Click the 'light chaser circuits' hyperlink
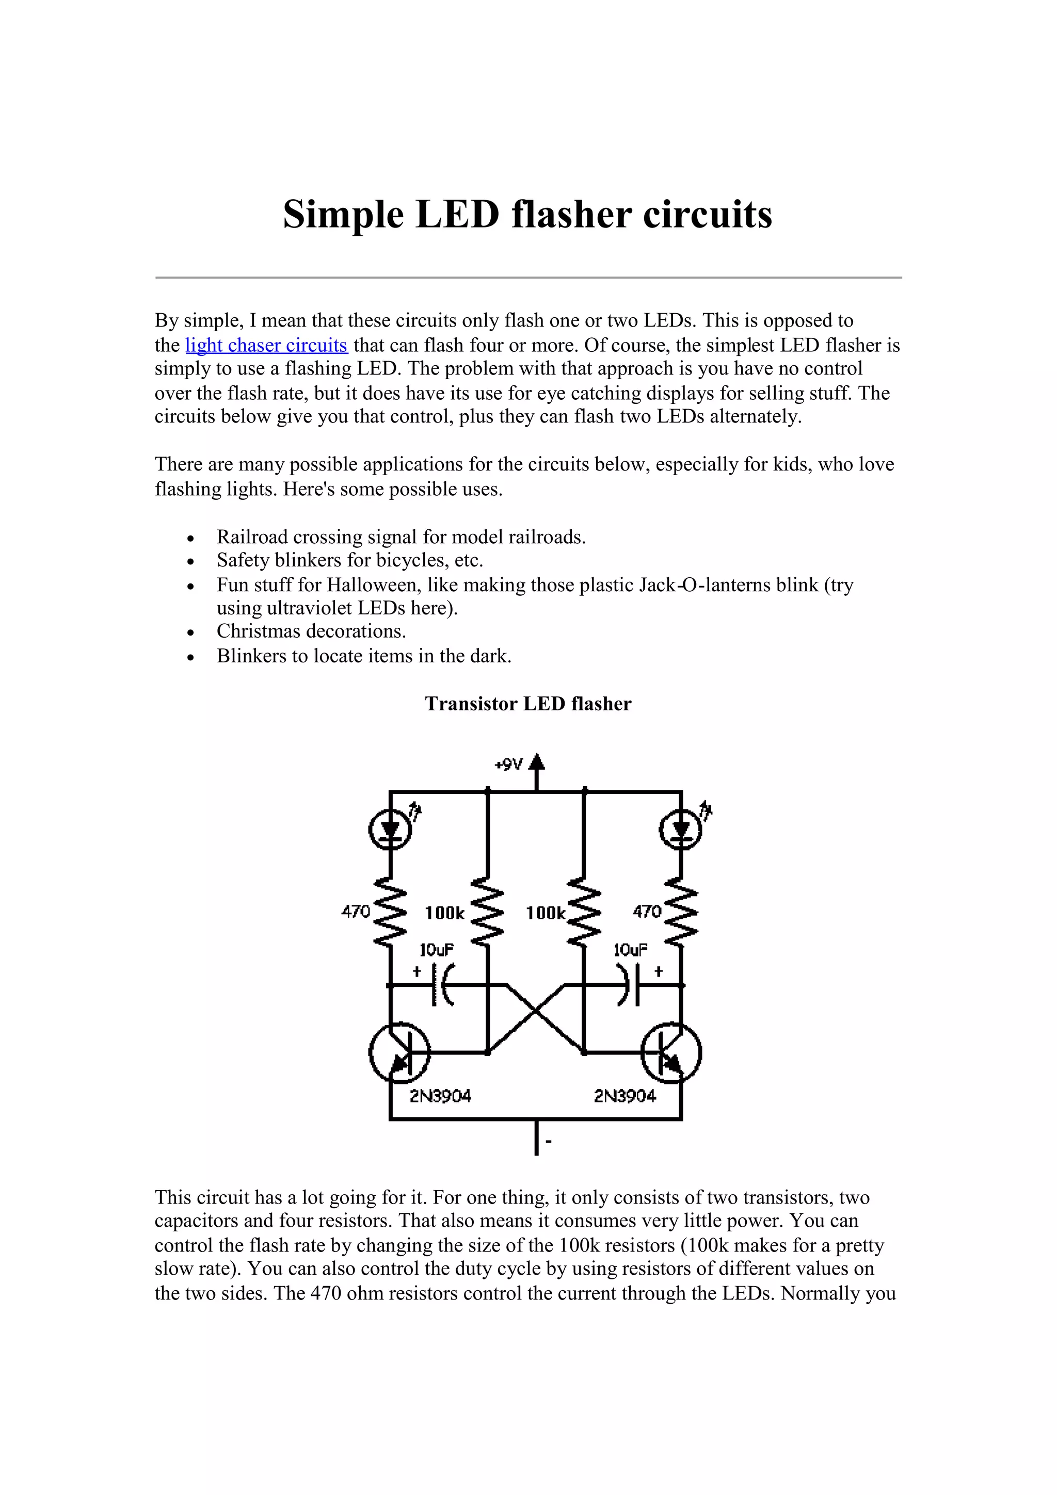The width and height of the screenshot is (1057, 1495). coord(266,345)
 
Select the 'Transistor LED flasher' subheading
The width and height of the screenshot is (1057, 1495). coord(527,704)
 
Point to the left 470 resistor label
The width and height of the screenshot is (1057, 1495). coord(356,912)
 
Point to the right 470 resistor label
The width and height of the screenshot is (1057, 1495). coord(647,912)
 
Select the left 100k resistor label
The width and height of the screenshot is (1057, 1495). coord(445,913)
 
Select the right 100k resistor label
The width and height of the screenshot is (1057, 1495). coord(546,913)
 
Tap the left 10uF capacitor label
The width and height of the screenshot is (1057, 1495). coord(436,950)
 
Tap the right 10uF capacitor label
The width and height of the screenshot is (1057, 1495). coord(630,950)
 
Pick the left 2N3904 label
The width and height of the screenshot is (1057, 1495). coord(440,1097)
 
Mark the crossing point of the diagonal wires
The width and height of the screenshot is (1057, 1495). coord(535,1013)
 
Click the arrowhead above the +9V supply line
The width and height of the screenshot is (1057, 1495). coord(536,762)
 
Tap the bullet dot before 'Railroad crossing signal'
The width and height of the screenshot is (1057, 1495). coord(190,539)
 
